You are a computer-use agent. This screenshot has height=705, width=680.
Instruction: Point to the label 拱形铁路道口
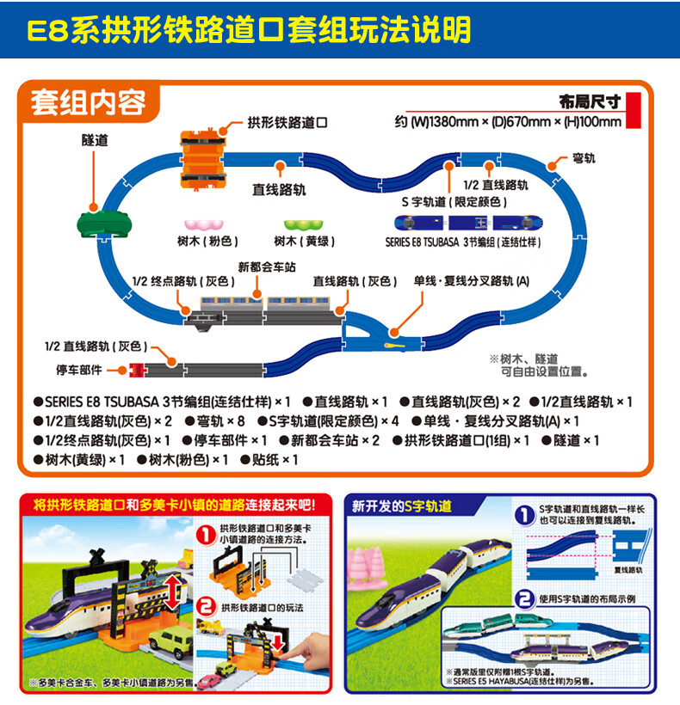coord(287,123)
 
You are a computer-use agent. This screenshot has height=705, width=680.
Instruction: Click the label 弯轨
coord(584,159)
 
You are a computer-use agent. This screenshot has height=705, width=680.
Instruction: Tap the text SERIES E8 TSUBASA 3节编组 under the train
coord(463,242)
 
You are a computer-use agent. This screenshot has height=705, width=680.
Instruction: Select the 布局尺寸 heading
coord(590,101)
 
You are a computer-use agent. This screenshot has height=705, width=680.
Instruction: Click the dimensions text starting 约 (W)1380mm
coord(508,121)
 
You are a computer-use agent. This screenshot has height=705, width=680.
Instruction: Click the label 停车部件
coord(78,370)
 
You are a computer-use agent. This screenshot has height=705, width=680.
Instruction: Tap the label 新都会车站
coord(267,267)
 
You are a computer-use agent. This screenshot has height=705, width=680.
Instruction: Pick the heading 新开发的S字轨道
coord(401,506)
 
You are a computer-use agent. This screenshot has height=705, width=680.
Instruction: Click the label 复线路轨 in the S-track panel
coord(629,568)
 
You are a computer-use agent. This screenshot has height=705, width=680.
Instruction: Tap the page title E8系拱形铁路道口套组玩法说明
coord(250,29)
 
